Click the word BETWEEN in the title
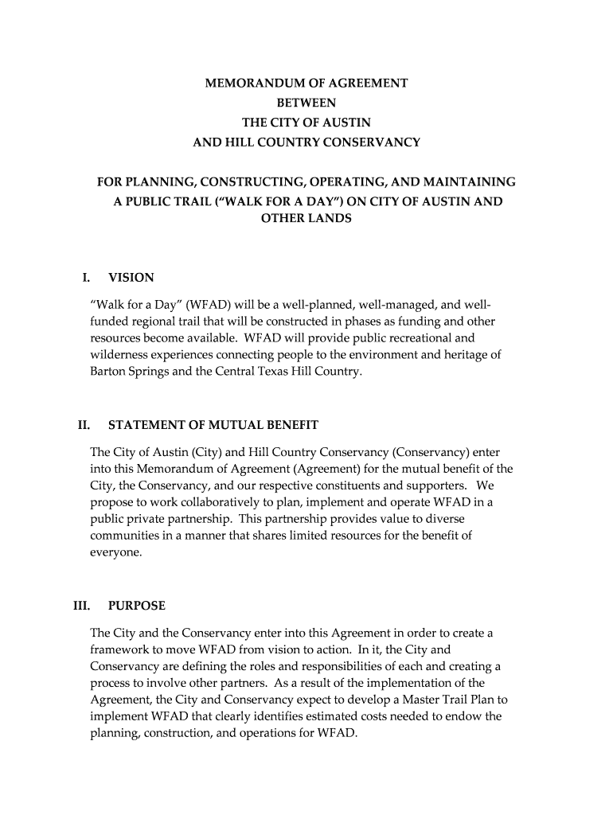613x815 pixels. [306, 103]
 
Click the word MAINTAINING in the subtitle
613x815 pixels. [473, 181]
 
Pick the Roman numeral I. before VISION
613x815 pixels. [86, 278]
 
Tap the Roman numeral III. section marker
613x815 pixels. [81, 606]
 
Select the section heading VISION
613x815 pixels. [131, 278]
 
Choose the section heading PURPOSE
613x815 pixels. [137, 606]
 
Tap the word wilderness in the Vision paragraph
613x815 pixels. [119, 355]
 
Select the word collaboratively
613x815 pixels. [218, 501]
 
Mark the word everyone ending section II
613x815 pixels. [115, 551]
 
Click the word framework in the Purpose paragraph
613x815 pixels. [119, 649]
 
